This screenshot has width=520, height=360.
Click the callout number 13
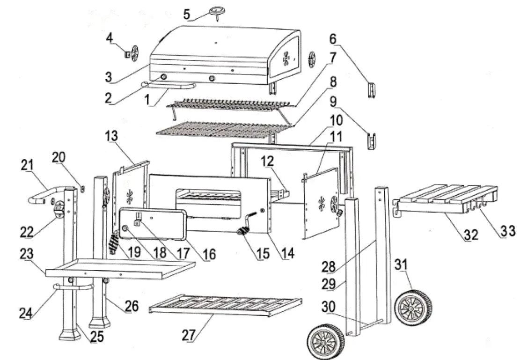111,136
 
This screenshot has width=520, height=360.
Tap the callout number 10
335,121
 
